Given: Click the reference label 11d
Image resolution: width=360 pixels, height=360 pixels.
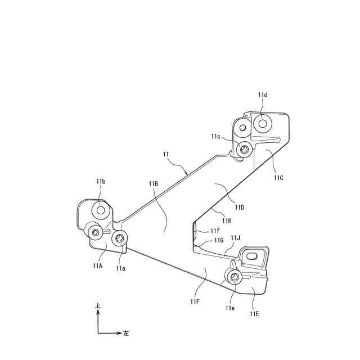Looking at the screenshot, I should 263,94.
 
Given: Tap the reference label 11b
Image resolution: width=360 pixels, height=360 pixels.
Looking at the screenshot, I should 101,181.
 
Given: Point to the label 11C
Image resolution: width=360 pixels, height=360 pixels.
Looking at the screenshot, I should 279,178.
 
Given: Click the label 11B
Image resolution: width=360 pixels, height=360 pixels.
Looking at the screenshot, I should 154,184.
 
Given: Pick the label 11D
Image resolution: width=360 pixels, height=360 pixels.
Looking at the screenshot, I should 239,207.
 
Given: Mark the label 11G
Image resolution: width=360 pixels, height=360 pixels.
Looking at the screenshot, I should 219,240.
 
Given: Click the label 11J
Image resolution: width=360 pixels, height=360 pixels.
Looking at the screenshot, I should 236,238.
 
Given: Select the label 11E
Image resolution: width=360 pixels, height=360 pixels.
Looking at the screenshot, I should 254,314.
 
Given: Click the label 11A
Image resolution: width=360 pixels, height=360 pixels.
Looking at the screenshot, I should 96,266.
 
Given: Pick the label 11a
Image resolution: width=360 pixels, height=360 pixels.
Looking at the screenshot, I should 120,268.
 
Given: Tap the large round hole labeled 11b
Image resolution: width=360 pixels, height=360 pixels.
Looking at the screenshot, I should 101,210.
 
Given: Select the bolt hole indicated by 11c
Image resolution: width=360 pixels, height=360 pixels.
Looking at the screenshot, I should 244,149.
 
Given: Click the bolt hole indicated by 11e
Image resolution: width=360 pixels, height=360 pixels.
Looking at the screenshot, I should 234,276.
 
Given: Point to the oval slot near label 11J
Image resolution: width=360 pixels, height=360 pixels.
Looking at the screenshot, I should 251,255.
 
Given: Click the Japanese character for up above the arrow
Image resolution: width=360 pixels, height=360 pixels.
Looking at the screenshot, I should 98,306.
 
